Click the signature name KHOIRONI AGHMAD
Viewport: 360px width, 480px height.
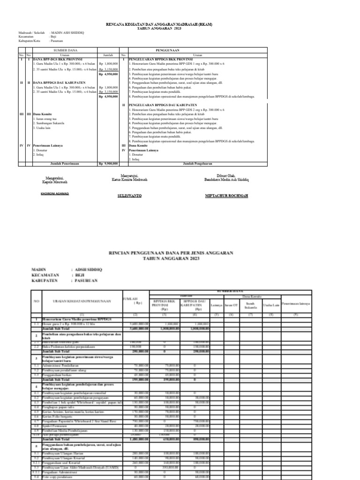(x=56, y=194)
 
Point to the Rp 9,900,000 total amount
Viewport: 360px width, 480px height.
(x=108, y=164)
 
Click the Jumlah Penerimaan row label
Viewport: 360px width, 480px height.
(x=65, y=164)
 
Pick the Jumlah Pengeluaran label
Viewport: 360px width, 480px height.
(x=197, y=164)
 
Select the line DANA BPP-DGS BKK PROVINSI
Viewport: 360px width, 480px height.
(x=54, y=60)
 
